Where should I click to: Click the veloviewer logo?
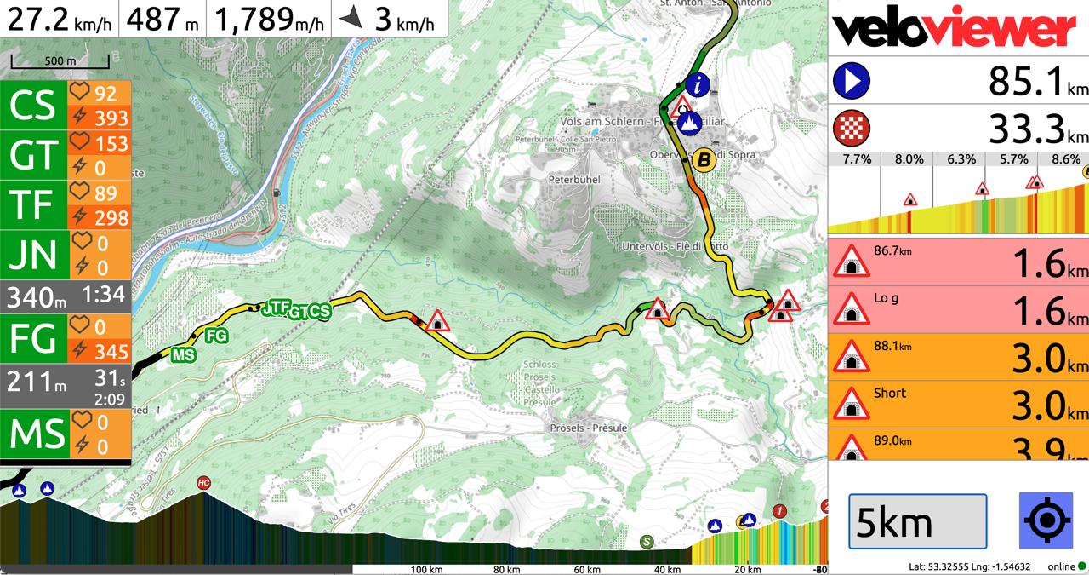tap(955, 28)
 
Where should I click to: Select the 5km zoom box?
tap(917, 521)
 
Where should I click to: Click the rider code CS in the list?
tap(33, 105)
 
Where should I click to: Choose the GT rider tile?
tap(33, 155)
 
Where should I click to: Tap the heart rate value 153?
tap(111, 143)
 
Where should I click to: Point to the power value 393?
tap(111, 118)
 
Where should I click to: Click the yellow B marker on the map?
tap(703, 158)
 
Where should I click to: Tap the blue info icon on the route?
tap(698, 84)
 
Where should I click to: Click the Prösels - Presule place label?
tap(589, 428)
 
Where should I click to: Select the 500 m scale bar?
tap(60, 62)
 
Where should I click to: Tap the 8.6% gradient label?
tap(1065, 159)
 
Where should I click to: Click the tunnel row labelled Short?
tap(958, 405)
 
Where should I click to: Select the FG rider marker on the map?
tap(216, 336)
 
